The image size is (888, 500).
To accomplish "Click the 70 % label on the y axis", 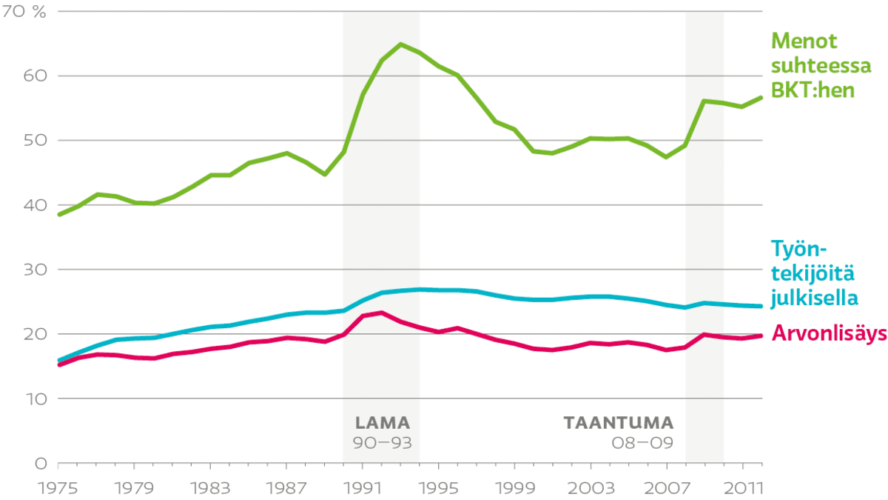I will tap(24, 12).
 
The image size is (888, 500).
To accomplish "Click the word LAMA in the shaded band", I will tap(382, 423).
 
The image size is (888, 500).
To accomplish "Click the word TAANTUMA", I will tap(619, 423).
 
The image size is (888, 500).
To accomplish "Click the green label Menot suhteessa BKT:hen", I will tap(818, 65).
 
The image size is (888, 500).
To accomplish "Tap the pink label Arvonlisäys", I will tap(828, 335).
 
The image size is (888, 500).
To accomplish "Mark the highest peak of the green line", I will tap(401, 44).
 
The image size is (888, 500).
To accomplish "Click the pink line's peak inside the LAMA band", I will tap(381, 313).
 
